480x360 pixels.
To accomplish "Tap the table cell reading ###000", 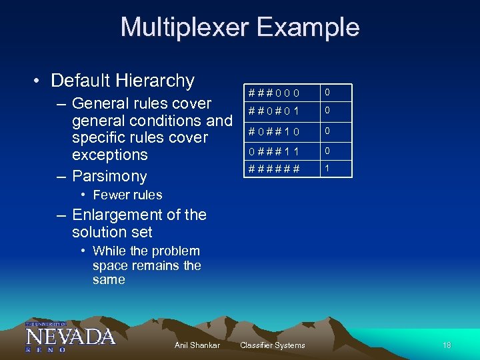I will [x=274, y=92].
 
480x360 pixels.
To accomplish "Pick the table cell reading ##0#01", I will [x=274, y=111].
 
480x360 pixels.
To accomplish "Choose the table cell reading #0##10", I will [x=274, y=131].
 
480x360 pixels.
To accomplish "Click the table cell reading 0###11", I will [x=274, y=152].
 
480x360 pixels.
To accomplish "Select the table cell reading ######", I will [x=274, y=169].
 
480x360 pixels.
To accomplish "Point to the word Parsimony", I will [x=109, y=176].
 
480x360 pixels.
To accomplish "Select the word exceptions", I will [x=110, y=155].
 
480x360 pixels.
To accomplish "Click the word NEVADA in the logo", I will [x=70, y=335].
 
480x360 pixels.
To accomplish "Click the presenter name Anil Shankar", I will [x=197, y=345].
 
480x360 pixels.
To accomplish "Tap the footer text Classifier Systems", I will [x=272, y=345].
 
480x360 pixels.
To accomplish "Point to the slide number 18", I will [x=447, y=345].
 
